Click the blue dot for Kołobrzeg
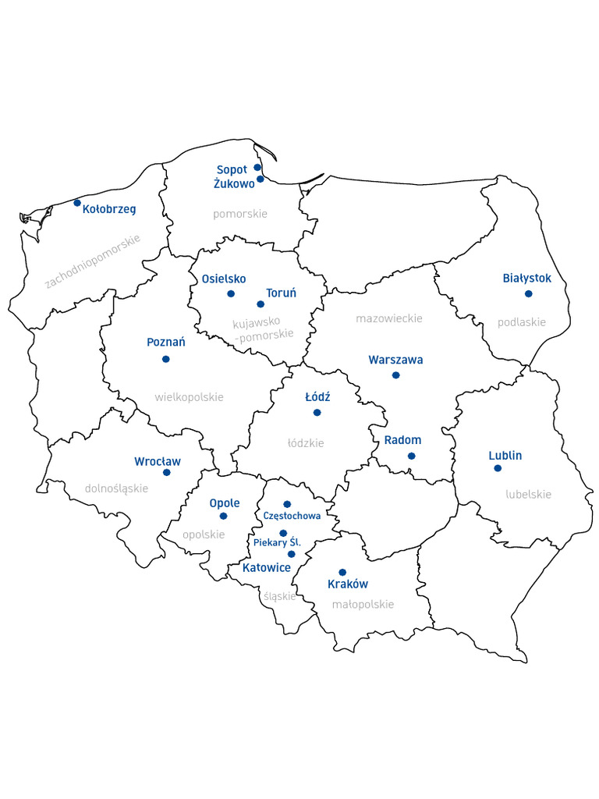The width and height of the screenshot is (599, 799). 77,203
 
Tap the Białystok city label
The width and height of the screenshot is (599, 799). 526,278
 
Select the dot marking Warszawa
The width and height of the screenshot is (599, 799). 395,375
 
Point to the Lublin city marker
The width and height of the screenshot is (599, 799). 498,468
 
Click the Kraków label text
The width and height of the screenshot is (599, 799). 348,584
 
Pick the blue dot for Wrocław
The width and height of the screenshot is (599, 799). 166,472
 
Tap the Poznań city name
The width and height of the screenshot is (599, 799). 166,343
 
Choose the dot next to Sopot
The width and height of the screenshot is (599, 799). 257,167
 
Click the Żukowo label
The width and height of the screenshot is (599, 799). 234,184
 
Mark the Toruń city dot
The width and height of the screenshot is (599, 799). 261,304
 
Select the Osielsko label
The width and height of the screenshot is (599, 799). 224,279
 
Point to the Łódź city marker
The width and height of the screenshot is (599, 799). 317,412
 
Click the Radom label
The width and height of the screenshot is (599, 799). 402,440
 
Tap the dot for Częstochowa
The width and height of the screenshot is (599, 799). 287,504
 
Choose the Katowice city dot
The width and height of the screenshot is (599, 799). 292,554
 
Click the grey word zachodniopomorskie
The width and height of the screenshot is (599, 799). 93,261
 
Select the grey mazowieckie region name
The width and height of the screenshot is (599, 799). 389,318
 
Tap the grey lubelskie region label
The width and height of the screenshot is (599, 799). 528,494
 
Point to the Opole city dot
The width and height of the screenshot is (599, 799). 223,516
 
